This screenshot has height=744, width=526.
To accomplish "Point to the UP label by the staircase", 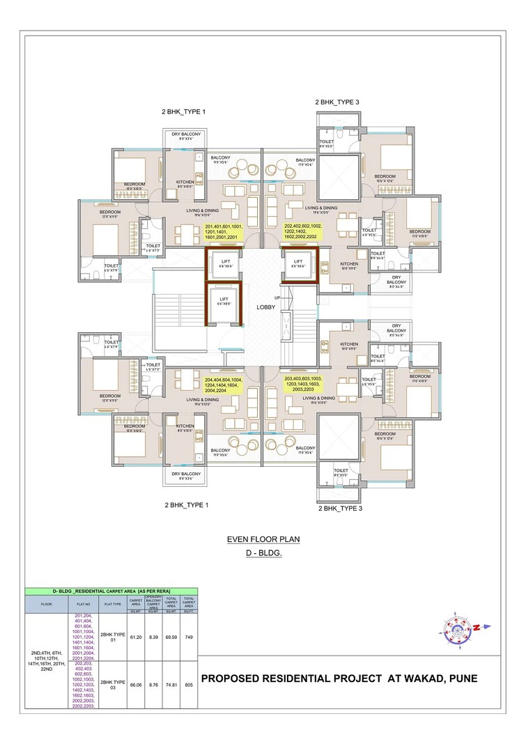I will coord(277,297).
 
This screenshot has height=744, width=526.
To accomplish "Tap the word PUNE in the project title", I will coord(461,679).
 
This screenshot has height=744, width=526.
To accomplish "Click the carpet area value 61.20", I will coord(136,637).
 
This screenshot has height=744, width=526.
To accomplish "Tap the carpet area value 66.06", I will coord(136,685).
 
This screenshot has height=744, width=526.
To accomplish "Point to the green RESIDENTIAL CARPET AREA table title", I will coord(111,591).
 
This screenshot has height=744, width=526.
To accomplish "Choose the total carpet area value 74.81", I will coord(171,685).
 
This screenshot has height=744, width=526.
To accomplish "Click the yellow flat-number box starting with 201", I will coord(224,232).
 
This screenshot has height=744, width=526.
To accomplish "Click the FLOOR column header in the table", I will coord(47,604).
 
